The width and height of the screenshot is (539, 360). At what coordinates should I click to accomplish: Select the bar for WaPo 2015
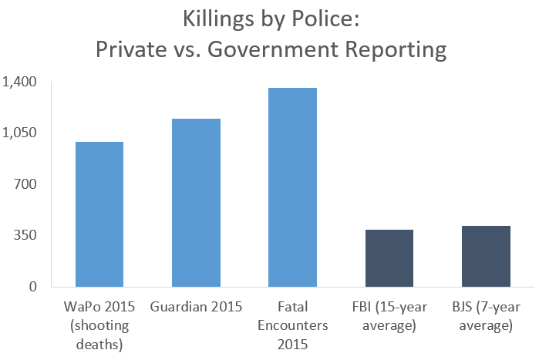pyautogui.click(x=99, y=214)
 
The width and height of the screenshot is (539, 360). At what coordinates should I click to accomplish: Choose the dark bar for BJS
pyautogui.click(x=486, y=256)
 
